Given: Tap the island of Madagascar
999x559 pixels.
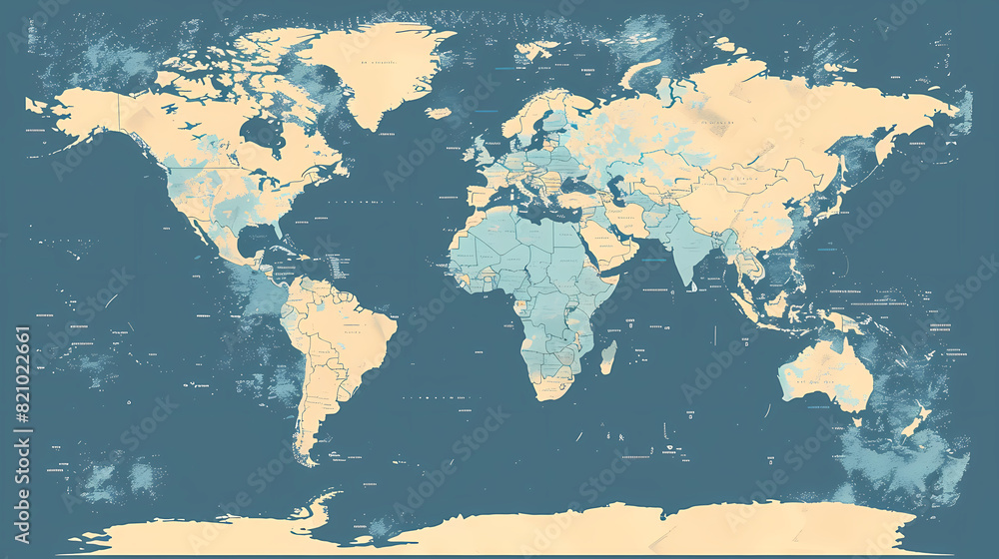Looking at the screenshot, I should click(607, 356).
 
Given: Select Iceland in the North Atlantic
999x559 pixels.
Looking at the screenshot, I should click(438, 113).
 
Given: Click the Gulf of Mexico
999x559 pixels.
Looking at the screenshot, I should click(245, 240).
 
